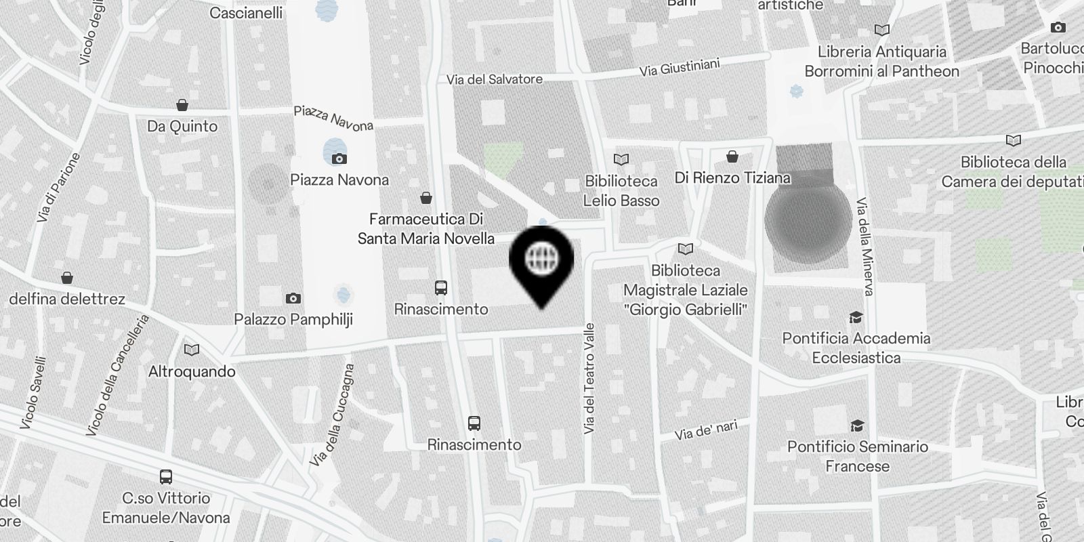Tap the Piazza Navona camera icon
339,159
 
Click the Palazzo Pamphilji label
293,319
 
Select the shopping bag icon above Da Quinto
182,105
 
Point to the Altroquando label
192,371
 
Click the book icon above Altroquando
192,350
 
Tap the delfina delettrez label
67,299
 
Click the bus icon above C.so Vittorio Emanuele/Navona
166,476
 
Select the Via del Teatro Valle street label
589,378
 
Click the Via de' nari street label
706,430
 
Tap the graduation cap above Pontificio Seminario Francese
857,425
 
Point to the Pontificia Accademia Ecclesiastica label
856,348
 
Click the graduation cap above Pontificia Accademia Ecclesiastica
856,317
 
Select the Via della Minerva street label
864,247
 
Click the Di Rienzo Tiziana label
732,178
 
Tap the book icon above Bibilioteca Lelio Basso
621,159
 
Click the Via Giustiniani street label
680,67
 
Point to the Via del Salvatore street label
495,79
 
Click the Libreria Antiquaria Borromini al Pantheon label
881,61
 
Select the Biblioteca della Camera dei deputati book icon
1014,141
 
